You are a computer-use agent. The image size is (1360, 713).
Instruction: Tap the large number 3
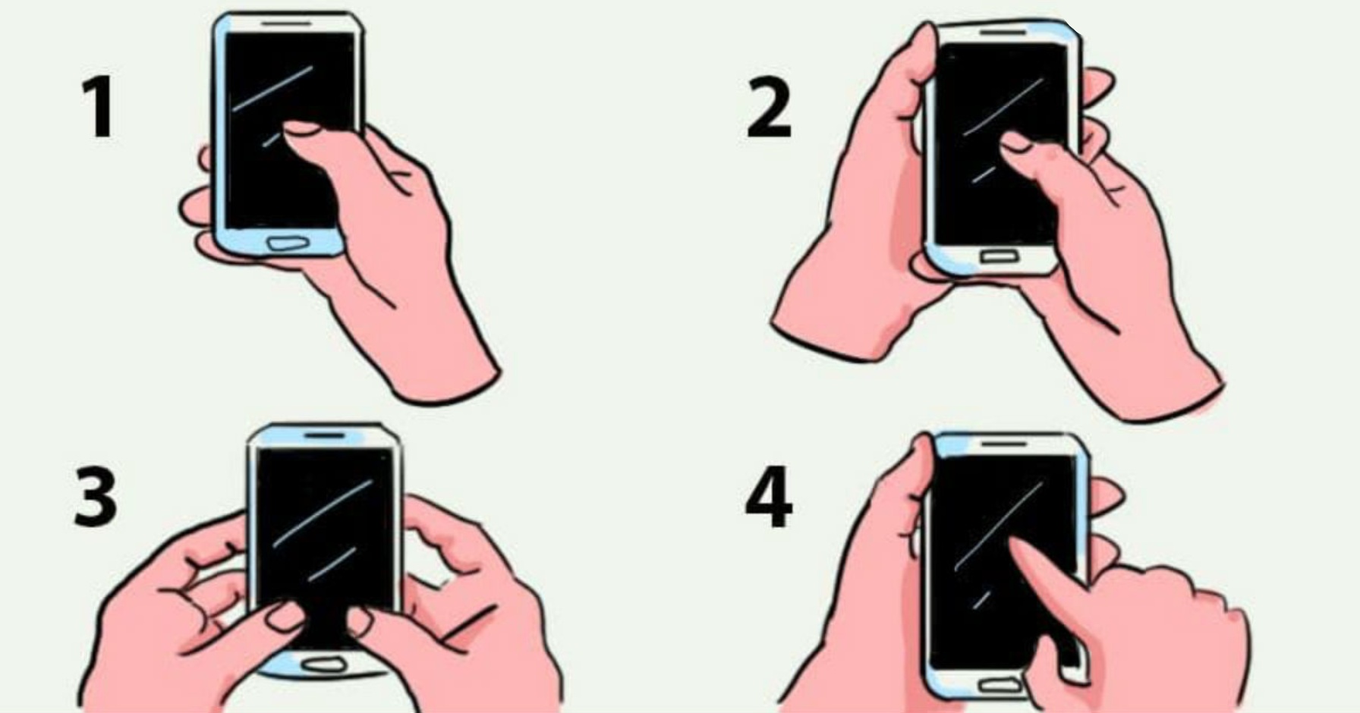[x=96, y=497]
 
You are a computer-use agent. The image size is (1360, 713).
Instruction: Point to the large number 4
[x=769, y=498]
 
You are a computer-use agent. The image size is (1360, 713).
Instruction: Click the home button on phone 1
[x=288, y=243]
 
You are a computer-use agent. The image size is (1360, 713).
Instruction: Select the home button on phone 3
[x=325, y=665]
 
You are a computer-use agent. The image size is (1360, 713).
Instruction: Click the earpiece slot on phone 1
[x=286, y=24]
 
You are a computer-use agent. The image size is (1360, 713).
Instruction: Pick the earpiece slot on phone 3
[x=324, y=435]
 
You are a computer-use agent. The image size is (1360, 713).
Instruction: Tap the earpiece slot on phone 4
[x=1005, y=443]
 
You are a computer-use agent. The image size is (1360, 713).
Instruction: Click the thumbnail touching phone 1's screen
[x=300, y=128]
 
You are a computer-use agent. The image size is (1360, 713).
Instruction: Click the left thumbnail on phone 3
[x=286, y=616]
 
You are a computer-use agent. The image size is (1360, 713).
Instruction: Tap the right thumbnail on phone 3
[x=360, y=620]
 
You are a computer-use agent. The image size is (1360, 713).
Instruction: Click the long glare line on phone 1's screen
[x=272, y=89]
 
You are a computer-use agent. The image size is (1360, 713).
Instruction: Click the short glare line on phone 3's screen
[x=332, y=564]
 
